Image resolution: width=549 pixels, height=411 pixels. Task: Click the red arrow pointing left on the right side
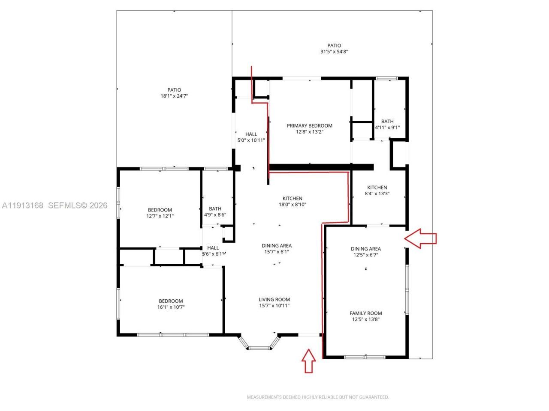[421, 238]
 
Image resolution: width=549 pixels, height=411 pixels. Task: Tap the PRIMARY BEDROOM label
[309, 125]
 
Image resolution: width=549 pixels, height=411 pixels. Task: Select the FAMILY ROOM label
[365, 313]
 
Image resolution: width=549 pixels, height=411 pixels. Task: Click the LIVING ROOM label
[274, 299]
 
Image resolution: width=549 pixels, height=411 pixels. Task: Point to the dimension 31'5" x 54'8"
[334, 52]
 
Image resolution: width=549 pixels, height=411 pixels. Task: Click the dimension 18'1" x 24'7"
[174, 96]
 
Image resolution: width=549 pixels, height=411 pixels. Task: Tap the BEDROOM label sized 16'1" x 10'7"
[171, 301]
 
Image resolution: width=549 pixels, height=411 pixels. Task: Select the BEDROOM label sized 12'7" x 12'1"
[160, 210]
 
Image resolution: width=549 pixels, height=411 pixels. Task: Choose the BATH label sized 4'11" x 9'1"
[387, 121]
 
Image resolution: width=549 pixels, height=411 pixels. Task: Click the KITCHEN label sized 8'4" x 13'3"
[377, 187]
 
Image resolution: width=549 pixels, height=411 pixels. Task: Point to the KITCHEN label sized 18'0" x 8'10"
[292, 198]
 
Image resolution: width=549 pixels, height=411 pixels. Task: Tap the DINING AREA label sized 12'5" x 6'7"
[365, 249]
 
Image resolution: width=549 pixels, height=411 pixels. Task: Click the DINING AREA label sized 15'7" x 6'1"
[277, 246]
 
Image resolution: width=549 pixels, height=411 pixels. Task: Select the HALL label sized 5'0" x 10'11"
[251, 134]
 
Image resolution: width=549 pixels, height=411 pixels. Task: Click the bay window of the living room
[259, 343]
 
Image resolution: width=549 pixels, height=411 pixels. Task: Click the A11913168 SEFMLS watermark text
[54, 205]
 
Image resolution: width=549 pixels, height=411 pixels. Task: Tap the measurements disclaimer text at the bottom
[317, 397]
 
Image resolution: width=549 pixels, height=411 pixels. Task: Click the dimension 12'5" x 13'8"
[365, 319]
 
